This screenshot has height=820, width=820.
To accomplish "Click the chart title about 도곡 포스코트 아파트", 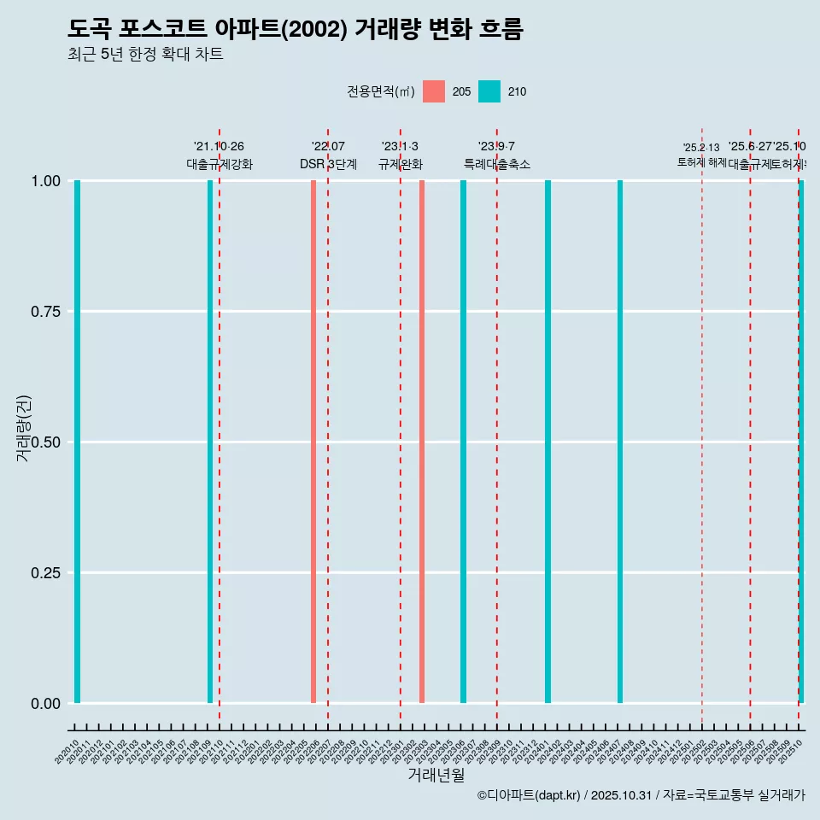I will point(295,29).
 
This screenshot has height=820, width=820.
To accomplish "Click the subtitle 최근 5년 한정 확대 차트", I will point(145,55).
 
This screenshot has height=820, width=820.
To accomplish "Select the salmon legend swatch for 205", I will point(434,91).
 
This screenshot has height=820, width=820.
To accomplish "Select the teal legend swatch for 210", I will point(489,91).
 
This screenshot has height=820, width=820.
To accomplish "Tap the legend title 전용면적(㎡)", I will point(381,91).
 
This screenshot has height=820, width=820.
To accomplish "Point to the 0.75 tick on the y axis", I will point(44,312).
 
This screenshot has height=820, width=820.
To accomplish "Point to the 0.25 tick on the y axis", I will point(44,573).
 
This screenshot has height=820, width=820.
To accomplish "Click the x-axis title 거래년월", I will point(436,775).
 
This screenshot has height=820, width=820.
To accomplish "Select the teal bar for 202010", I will point(77,442).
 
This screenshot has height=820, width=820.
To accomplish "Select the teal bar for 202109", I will point(210,442).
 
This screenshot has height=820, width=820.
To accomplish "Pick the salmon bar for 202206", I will point(313,442).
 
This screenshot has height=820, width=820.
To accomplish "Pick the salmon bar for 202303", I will point(422,442).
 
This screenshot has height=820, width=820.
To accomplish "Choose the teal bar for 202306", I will point(464,442).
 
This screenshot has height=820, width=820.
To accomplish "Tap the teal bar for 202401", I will point(548,442).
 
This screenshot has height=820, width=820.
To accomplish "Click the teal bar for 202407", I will point(620,442).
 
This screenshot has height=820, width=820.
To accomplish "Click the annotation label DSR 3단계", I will point(328,164).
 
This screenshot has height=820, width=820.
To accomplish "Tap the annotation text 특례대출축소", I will point(497,164).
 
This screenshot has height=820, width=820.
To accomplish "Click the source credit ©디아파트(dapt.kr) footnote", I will point(641,795).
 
